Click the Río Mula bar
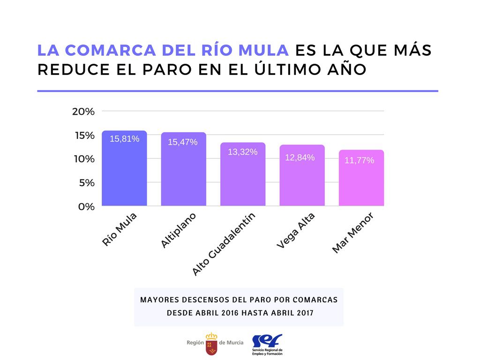[x=124, y=173]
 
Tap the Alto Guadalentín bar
[x=243, y=178]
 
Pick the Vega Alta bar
[x=302, y=180]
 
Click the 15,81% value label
[x=124, y=139]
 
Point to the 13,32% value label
[x=242, y=152]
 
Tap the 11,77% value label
[x=359, y=160]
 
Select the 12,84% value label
[x=300, y=157]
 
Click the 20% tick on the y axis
[x=83, y=112]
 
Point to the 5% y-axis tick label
[x=86, y=183]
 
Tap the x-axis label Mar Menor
[x=352, y=233]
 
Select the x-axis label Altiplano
[x=178, y=230]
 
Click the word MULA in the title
[x=263, y=50]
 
